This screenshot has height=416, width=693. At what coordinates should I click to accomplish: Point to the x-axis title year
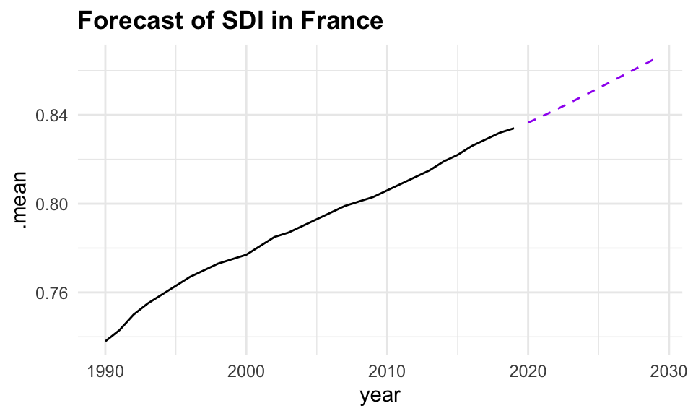click(380, 395)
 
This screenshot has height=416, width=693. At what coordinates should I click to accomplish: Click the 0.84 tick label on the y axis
click(54, 115)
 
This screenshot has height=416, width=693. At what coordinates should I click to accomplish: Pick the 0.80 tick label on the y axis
click(54, 204)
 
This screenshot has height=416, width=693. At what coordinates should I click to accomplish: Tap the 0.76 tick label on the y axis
click(54, 292)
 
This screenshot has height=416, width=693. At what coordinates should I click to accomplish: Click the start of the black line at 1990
click(105, 341)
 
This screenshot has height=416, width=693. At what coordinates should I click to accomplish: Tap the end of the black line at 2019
click(514, 129)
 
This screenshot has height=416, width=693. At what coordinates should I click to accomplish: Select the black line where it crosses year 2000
click(246, 254)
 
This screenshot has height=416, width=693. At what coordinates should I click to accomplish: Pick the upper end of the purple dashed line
click(655, 58)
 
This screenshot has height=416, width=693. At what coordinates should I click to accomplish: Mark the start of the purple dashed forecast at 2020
click(528, 123)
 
